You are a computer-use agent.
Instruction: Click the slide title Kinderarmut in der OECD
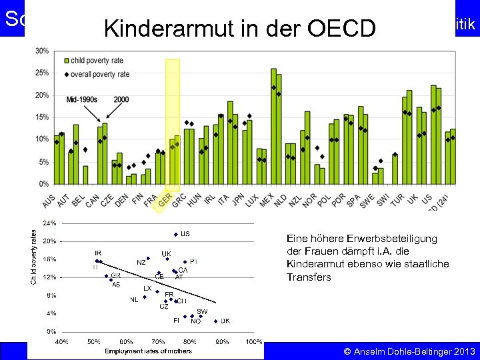point(240,28)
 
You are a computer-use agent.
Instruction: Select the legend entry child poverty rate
point(100,61)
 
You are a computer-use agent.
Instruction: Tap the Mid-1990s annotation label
point(81,99)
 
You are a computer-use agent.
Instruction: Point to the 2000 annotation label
point(121,99)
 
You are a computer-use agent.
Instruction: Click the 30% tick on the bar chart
point(41,51)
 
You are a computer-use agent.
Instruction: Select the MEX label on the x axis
point(267,199)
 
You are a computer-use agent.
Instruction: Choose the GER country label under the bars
point(165,199)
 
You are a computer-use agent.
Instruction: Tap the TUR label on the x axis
point(397,199)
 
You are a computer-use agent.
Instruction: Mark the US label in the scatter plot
point(185,234)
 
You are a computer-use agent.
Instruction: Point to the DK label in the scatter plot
point(225,321)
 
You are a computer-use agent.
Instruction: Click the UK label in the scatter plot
point(166,254)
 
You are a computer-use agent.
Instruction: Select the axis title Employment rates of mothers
point(148,351)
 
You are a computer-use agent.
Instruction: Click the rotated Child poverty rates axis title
point(34,257)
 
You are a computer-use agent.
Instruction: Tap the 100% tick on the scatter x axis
point(253,341)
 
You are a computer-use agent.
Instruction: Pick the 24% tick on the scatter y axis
point(50,222)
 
